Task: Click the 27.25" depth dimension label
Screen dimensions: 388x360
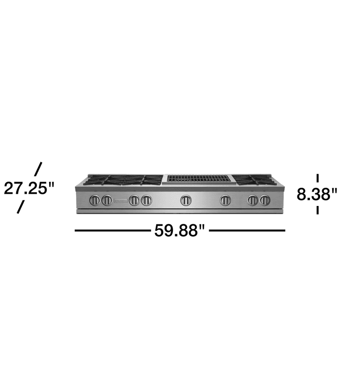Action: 30,188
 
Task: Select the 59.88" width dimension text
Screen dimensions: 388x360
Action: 179,231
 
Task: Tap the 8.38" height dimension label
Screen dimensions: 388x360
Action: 317,194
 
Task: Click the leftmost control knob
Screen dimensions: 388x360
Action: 95,200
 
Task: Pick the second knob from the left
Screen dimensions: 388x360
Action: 107,200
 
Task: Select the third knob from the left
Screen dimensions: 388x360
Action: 134,200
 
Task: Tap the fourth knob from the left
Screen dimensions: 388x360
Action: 147,200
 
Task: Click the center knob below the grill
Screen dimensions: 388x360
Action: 186,200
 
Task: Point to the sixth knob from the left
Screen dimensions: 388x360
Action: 225,200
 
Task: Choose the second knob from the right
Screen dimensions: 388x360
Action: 253,200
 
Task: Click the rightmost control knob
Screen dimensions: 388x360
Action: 265,200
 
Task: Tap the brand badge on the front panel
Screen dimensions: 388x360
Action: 120,201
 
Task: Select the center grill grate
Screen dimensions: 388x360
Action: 198,178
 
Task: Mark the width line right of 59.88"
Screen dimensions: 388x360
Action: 247,231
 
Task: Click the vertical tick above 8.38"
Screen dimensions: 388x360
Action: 318,178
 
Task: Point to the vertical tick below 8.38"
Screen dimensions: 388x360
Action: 318,210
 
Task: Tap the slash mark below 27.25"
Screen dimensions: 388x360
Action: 20,207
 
